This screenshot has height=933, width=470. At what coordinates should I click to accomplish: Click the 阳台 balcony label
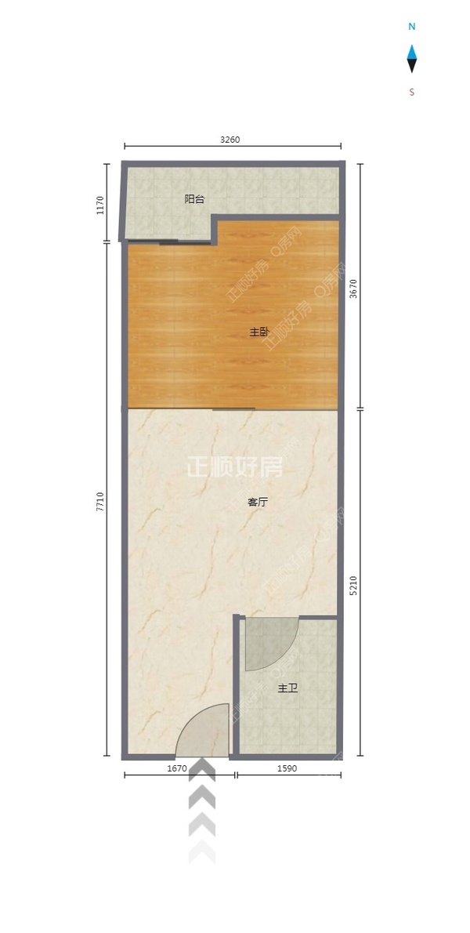(x=194, y=199)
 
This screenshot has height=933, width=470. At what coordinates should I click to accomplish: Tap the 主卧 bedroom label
(x=259, y=332)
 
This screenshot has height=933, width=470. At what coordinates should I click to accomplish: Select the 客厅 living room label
(x=258, y=502)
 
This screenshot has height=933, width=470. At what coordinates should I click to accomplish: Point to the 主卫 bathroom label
(x=287, y=689)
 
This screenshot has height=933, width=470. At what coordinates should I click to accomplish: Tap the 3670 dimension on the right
(x=353, y=289)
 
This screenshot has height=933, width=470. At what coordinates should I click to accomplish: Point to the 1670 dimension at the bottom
(x=177, y=768)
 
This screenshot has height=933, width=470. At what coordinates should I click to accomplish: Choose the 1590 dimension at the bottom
(x=287, y=768)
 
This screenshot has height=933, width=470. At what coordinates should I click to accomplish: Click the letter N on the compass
(x=411, y=27)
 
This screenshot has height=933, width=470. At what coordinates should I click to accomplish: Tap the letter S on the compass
(x=411, y=92)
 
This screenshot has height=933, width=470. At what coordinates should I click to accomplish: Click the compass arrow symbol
(x=411, y=59)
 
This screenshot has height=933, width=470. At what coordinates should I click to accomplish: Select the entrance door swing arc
(x=203, y=731)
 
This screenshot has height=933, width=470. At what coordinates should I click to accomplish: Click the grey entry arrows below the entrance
(x=202, y=811)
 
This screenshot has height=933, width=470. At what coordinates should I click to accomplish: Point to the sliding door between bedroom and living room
(x=233, y=409)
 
